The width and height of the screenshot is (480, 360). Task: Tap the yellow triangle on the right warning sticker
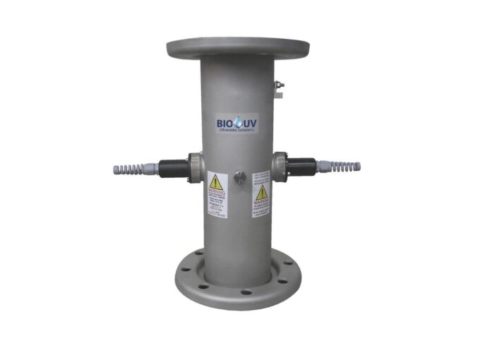click(x=262, y=192)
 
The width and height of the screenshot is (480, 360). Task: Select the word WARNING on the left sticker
click(x=216, y=192)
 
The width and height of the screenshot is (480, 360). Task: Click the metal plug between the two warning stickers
click(x=240, y=178)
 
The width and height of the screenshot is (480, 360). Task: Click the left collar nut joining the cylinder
click(x=195, y=168)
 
